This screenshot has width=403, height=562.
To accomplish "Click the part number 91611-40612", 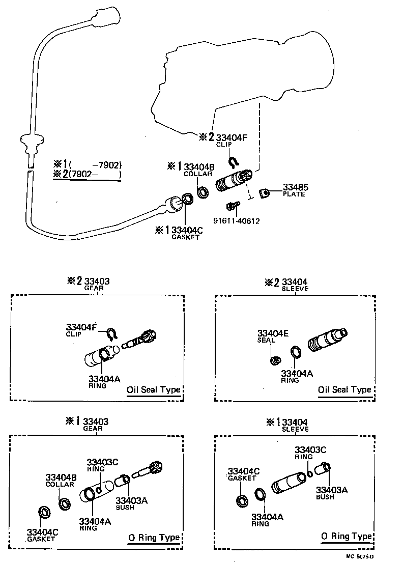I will [x=236, y=220].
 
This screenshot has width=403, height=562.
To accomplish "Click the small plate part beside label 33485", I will [x=264, y=194].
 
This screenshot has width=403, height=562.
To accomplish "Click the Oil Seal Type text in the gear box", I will [x=153, y=390].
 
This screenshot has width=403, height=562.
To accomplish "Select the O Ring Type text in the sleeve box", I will [x=346, y=536].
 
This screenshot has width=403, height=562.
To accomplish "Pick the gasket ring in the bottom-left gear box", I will [x=45, y=513].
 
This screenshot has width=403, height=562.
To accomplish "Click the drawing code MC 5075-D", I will [x=360, y=556].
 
